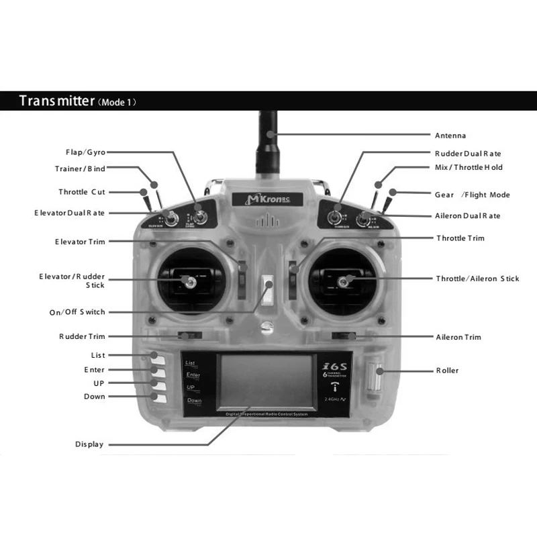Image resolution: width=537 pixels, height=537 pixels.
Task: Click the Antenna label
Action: pos(450,136)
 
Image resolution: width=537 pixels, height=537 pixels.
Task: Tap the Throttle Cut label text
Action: pos(82,192)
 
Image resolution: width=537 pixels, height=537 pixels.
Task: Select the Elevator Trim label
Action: pos(80,242)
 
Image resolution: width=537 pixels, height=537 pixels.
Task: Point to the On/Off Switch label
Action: pos(78,312)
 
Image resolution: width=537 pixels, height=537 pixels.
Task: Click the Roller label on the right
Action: pos(447,370)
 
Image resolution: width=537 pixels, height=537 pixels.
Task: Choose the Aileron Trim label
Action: pos(458,337)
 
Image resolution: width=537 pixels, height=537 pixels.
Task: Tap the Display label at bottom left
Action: pos(89,444)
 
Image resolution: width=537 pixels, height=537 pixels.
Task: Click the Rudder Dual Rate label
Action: pos(468,154)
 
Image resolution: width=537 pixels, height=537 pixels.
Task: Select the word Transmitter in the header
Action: pos(57,101)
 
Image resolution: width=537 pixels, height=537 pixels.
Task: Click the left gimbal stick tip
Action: pos(191,283)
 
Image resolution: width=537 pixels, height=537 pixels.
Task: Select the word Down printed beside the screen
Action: pos(194,401)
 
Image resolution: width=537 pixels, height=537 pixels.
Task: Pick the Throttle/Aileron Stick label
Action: pos(477,279)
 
